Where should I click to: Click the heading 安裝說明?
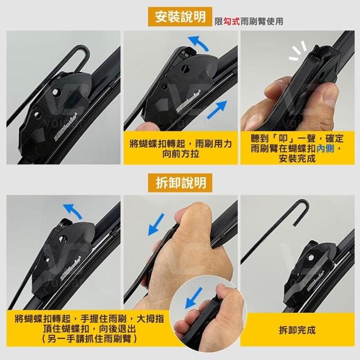(x=180, y=16)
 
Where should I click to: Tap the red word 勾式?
(x=231, y=21)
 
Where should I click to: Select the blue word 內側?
(x=325, y=148)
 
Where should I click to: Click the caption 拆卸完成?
(x=297, y=330)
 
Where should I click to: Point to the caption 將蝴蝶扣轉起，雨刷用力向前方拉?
(x=181, y=148)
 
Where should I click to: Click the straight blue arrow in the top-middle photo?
(x=217, y=110)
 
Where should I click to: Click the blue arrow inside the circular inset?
(x=193, y=298)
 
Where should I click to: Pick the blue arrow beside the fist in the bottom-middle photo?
(x=156, y=224)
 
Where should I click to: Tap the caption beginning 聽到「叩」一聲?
(x=297, y=148)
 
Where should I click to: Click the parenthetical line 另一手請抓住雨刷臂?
(x=89, y=339)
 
